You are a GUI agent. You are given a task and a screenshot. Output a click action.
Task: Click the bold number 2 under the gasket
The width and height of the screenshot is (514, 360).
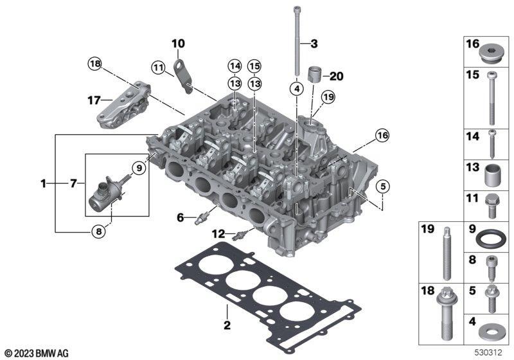[227, 325]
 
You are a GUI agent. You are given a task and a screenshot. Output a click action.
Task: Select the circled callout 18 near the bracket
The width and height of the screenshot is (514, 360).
[94, 64]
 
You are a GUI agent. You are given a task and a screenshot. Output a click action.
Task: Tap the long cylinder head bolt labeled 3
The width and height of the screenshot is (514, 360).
[297, 40]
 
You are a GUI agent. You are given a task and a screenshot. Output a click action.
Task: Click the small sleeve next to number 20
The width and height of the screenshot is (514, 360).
[315, 75]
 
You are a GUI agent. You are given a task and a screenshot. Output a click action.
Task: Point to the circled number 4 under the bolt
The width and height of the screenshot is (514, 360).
[297, 88]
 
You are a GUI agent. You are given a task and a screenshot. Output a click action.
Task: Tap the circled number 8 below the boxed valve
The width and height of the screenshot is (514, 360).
[98, 231]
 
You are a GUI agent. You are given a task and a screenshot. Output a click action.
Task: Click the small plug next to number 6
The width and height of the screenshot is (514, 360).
[202, 218]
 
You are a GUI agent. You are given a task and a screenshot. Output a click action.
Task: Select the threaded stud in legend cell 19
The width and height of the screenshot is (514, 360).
[447, 253]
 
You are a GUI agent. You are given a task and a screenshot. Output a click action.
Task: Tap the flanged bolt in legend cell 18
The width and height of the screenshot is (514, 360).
[445, 314]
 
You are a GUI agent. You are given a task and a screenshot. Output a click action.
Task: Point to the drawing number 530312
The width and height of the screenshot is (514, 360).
[488, 352]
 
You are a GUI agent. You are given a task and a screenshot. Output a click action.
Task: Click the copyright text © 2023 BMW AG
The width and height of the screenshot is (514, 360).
[37, 353]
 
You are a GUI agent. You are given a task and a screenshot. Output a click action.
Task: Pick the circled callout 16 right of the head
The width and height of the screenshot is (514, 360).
[382, 135]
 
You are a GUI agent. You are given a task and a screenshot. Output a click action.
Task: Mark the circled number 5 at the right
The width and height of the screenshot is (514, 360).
[383, 186]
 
